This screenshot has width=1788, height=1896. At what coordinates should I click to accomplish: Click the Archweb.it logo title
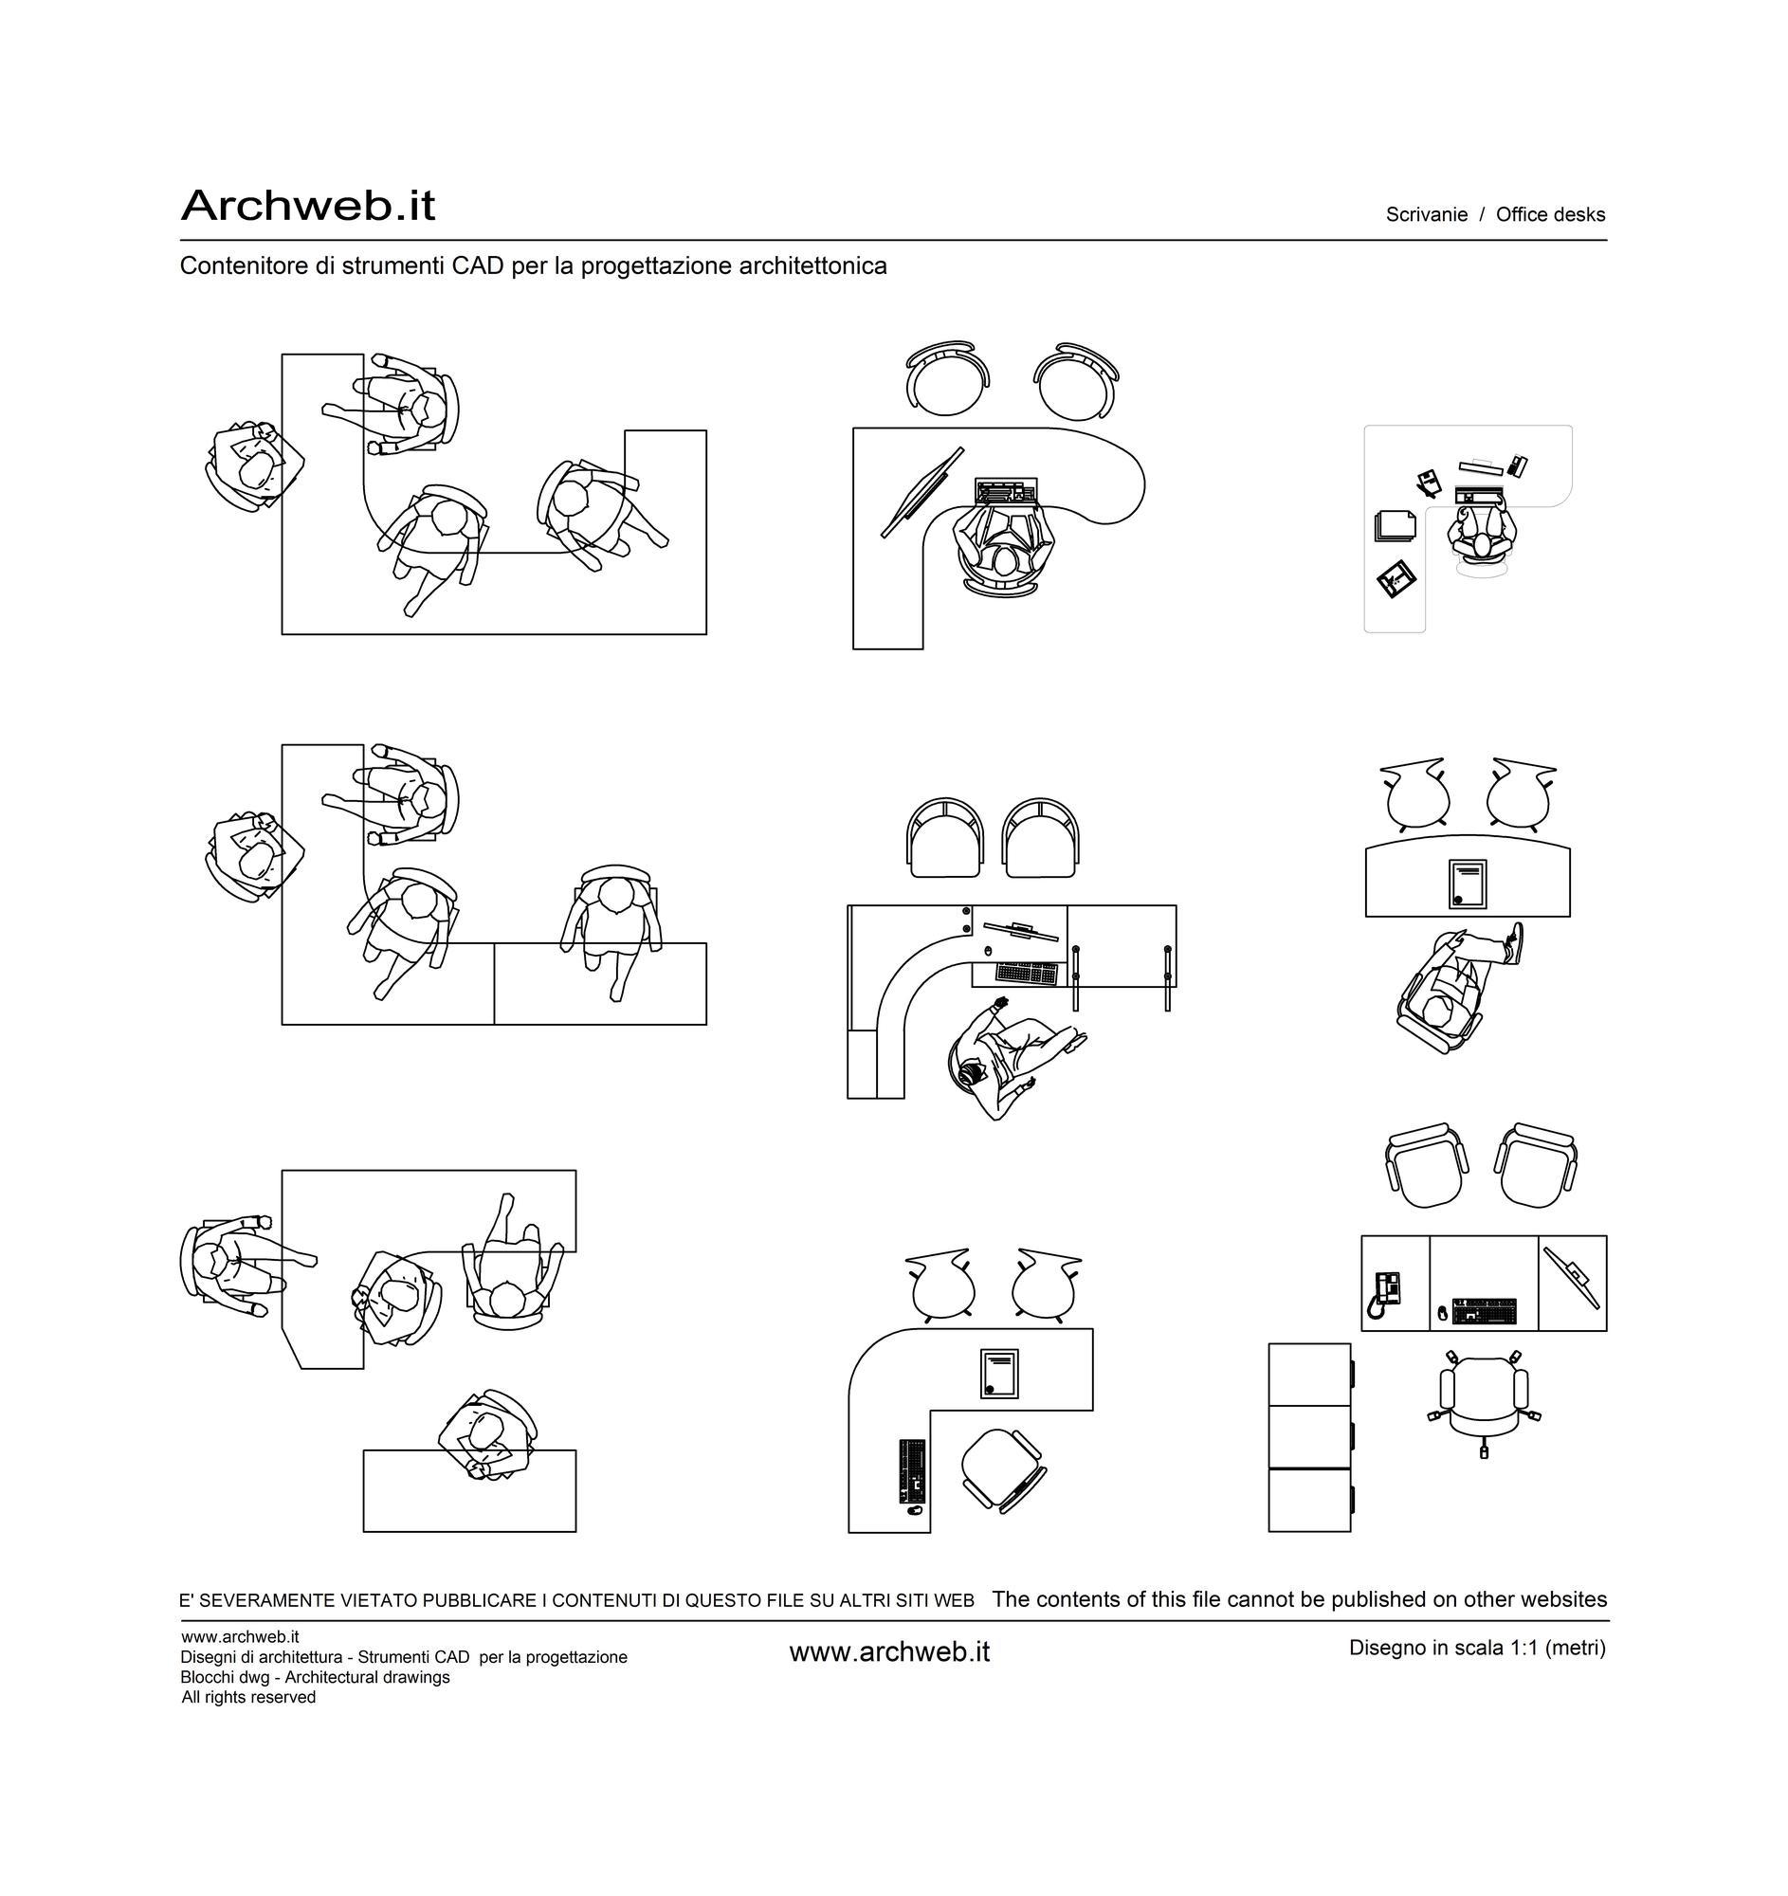[308, 205]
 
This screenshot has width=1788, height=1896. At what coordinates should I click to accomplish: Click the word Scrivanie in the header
[1427, 214]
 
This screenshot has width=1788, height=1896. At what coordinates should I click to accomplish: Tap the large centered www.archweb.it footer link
[889, 1651]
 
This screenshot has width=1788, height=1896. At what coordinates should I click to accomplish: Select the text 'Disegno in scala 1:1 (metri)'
[1477, 1647]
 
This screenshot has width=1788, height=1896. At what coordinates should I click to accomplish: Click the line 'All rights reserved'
[249, 1698]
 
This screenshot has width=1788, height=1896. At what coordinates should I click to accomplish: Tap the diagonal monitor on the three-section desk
[1572, 1278]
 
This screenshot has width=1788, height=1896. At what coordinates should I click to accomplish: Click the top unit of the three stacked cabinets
[1310, 1375]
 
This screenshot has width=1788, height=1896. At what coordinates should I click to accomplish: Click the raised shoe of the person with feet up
[1513, 943]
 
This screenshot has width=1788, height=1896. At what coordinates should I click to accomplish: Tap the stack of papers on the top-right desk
[1396, 525]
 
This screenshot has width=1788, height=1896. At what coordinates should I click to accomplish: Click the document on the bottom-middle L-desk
[998, 1374]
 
